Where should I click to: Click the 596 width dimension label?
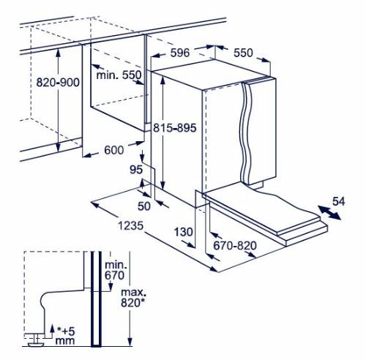(x=180, y=53)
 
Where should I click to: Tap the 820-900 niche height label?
(x=58, y=83)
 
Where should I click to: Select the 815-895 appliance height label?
(x=175, y=127)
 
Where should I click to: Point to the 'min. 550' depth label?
(x=119, y=75)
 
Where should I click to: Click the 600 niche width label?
(x=114, y=150)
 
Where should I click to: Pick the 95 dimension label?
(x=136, y=170)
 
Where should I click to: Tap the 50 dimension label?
(x=144, y=206)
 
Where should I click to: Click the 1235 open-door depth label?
(x=130, y=225)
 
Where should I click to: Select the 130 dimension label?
(x=184, y=232)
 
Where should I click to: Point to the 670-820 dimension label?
(x=235, y=246)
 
